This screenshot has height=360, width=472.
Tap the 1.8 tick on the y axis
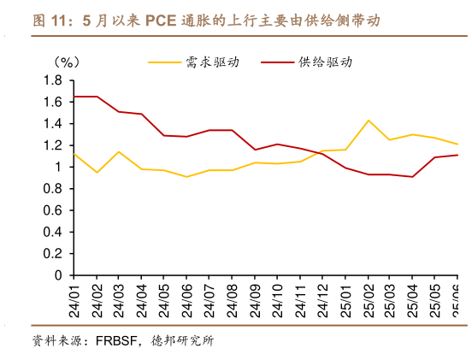coord(53,80)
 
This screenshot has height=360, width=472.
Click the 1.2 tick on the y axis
coord(53,145)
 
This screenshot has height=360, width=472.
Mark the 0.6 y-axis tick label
coord(53,210)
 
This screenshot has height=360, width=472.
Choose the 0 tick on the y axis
coord(58,275)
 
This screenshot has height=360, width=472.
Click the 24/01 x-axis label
coord(74,301)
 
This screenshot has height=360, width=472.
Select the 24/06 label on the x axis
coord(186,301)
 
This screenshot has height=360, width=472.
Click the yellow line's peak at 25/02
coord(369,121)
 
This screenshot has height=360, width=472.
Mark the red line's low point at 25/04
coord(414,177)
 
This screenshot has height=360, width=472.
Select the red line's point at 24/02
coord(97,97)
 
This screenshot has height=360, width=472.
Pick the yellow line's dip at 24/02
coord(97,173)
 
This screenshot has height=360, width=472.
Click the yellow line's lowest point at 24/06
coord(186,177)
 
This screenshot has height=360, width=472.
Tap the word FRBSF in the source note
coord(113,340)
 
